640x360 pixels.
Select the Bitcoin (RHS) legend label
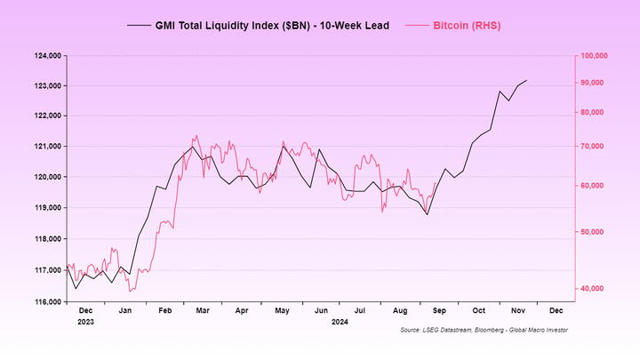467,26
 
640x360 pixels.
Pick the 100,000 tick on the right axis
592,55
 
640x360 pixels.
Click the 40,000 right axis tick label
590,288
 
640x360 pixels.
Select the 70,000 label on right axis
590,146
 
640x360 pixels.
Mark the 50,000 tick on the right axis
590,231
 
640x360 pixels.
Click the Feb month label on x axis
165,311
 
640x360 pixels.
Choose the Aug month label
399,311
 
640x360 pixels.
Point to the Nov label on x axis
517,311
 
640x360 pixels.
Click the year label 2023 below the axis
86,322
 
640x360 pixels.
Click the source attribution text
484,330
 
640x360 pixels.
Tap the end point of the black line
526,81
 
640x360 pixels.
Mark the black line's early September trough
427,214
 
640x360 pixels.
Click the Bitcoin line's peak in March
196,136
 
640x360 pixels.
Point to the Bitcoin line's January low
130,291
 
